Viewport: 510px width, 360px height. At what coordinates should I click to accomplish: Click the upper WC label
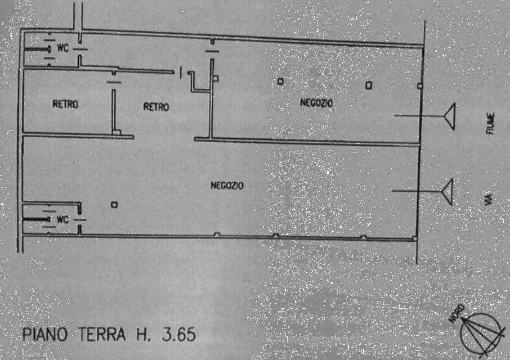[63, 47]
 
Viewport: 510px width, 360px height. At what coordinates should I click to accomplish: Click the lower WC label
[63, 219]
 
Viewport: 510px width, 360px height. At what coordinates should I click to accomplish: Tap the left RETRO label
[65, 104]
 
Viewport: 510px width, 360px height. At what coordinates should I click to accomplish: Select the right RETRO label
[156, 106]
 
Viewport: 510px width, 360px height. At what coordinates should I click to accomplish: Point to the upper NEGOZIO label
[316, 103]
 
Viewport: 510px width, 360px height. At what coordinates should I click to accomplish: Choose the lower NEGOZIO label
[227, 185]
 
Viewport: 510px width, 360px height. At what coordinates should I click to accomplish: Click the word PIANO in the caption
[45, 334]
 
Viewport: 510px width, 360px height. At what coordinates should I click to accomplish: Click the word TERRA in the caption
[102, 334]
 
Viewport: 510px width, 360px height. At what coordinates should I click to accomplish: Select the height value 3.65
[179, 334]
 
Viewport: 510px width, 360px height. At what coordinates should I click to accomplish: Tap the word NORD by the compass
[457, 313]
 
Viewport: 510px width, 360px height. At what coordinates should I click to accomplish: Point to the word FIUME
[490, 123]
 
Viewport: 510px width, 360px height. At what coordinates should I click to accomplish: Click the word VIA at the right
[488, 200]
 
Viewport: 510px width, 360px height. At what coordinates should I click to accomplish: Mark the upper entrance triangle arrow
[449, 116]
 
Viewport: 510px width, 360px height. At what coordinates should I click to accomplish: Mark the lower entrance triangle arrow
[446, 192]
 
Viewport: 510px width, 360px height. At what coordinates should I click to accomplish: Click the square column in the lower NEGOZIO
[114, 205]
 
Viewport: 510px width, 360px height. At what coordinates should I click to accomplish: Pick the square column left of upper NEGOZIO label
[280, 81]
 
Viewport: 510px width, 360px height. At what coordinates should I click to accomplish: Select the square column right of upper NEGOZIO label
[369, 85]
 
